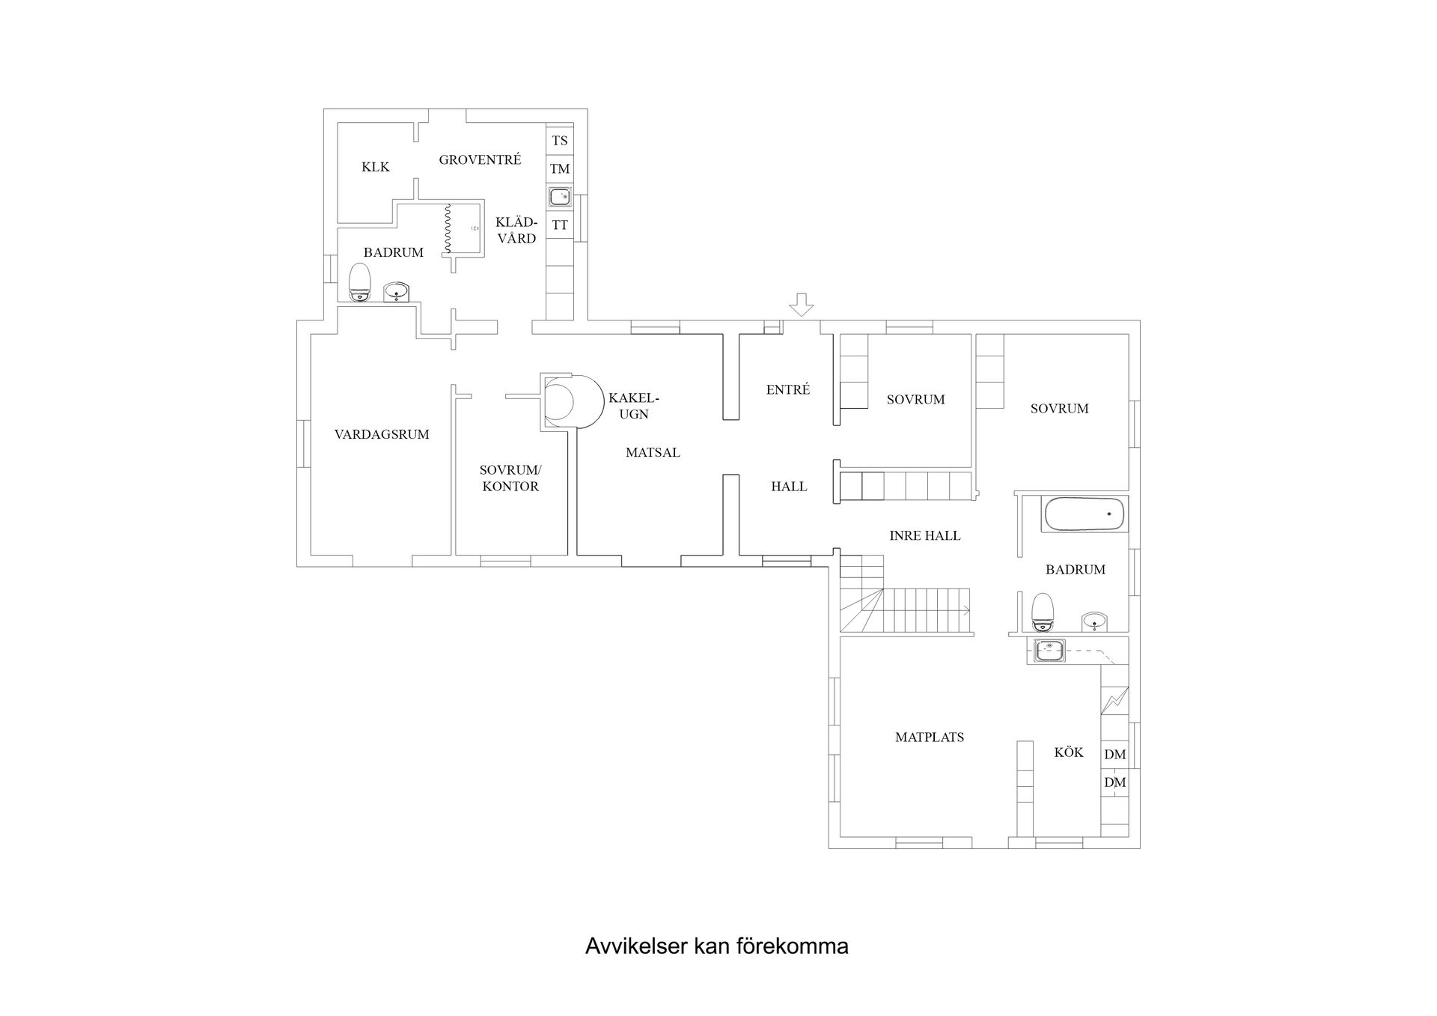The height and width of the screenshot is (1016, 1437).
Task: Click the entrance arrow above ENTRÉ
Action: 802,304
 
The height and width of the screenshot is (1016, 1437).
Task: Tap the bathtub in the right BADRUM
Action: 1084,514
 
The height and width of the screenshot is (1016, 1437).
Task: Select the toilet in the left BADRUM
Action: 360,282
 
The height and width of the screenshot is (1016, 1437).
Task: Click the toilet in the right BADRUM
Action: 1043,612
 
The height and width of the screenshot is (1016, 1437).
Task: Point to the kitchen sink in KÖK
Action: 1049,651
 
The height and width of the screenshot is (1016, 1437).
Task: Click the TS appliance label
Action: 560,140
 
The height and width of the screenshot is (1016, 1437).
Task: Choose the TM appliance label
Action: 560,168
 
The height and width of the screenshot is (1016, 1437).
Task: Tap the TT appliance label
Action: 560,225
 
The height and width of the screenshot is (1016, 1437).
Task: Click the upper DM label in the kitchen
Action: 1115,754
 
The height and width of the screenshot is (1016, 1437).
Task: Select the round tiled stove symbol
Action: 573,401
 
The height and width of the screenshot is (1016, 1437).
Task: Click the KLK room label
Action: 376,166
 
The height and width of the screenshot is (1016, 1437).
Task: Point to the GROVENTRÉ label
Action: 480,159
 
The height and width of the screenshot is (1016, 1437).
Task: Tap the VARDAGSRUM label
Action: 382,434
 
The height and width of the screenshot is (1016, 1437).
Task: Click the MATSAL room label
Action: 653,452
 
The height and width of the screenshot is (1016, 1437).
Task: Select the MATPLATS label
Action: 930,737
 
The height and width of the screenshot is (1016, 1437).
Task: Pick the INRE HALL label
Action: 925,535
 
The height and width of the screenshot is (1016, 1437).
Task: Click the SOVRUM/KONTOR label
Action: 510,478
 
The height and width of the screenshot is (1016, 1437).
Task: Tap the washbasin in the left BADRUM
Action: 396,292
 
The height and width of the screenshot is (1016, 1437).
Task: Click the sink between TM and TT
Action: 560,197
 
